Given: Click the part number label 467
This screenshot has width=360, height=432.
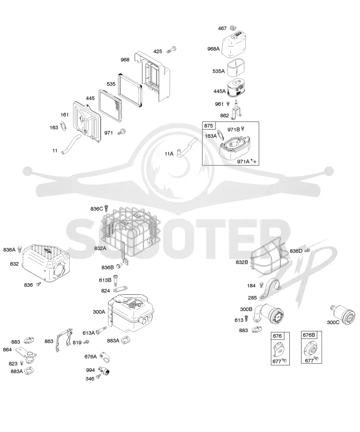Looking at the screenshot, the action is coord(222,28).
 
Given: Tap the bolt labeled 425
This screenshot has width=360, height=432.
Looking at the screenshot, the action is coord(171,50).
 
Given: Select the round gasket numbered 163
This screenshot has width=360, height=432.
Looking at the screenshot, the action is coord(63,126).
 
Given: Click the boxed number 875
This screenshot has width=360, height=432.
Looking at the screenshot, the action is coord(208,126).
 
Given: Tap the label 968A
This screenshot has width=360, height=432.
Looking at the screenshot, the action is coord(213,49).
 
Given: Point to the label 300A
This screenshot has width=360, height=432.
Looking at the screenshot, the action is coord(99,312).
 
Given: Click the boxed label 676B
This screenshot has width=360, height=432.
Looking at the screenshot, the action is coord(309,335).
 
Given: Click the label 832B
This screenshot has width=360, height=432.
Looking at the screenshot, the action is coord(242,262).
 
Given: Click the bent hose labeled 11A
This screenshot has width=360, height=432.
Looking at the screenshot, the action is coord(186,148).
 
